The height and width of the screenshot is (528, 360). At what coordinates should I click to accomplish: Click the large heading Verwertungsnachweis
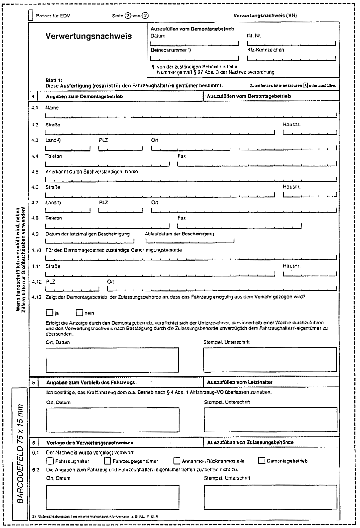89,37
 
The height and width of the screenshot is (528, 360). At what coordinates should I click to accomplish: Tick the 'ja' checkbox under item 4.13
49,313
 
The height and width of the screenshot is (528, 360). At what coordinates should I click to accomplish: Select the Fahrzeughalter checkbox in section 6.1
49,460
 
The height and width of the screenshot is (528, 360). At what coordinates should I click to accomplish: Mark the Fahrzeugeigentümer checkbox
108,460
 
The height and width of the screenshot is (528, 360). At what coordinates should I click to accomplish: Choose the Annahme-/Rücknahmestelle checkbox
177,460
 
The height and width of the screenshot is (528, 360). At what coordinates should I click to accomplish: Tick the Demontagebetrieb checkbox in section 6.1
261,460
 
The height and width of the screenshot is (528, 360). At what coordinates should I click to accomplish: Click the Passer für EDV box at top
31,15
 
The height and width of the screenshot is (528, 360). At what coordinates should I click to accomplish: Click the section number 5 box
33,382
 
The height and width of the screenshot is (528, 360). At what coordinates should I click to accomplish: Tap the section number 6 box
33,442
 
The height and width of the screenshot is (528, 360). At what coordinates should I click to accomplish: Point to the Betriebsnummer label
170,51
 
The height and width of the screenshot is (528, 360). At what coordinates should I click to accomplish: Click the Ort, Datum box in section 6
112,497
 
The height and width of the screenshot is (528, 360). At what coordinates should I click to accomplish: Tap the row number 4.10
36,250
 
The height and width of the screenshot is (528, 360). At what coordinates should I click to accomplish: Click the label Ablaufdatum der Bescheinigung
179,234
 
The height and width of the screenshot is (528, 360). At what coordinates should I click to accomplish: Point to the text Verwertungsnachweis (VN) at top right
265,15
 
